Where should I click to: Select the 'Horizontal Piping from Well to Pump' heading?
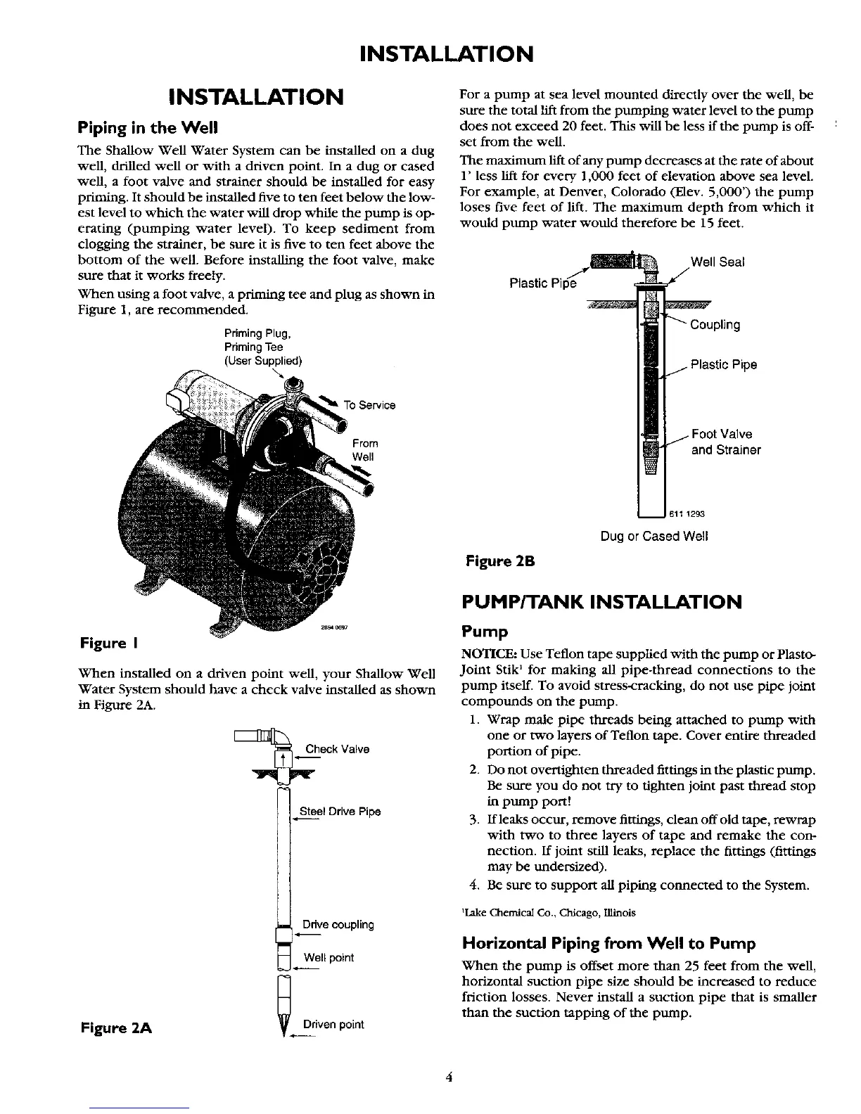tap(608, 943)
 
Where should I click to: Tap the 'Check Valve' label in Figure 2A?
tap(337, 749)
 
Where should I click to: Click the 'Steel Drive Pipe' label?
tap(340, 812)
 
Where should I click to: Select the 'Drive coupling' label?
tap(338, 924)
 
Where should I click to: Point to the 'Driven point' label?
tap(333, 1024)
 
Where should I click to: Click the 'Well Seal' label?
tap(717, 262)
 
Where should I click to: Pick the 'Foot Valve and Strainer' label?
tap(725, 442)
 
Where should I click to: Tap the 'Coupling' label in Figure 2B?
tap(715, 325)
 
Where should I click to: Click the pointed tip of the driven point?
tap(284, 1035)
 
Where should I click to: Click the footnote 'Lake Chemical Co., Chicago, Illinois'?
tap(548, 912)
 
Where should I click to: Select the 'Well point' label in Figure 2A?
tap(329, 958)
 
